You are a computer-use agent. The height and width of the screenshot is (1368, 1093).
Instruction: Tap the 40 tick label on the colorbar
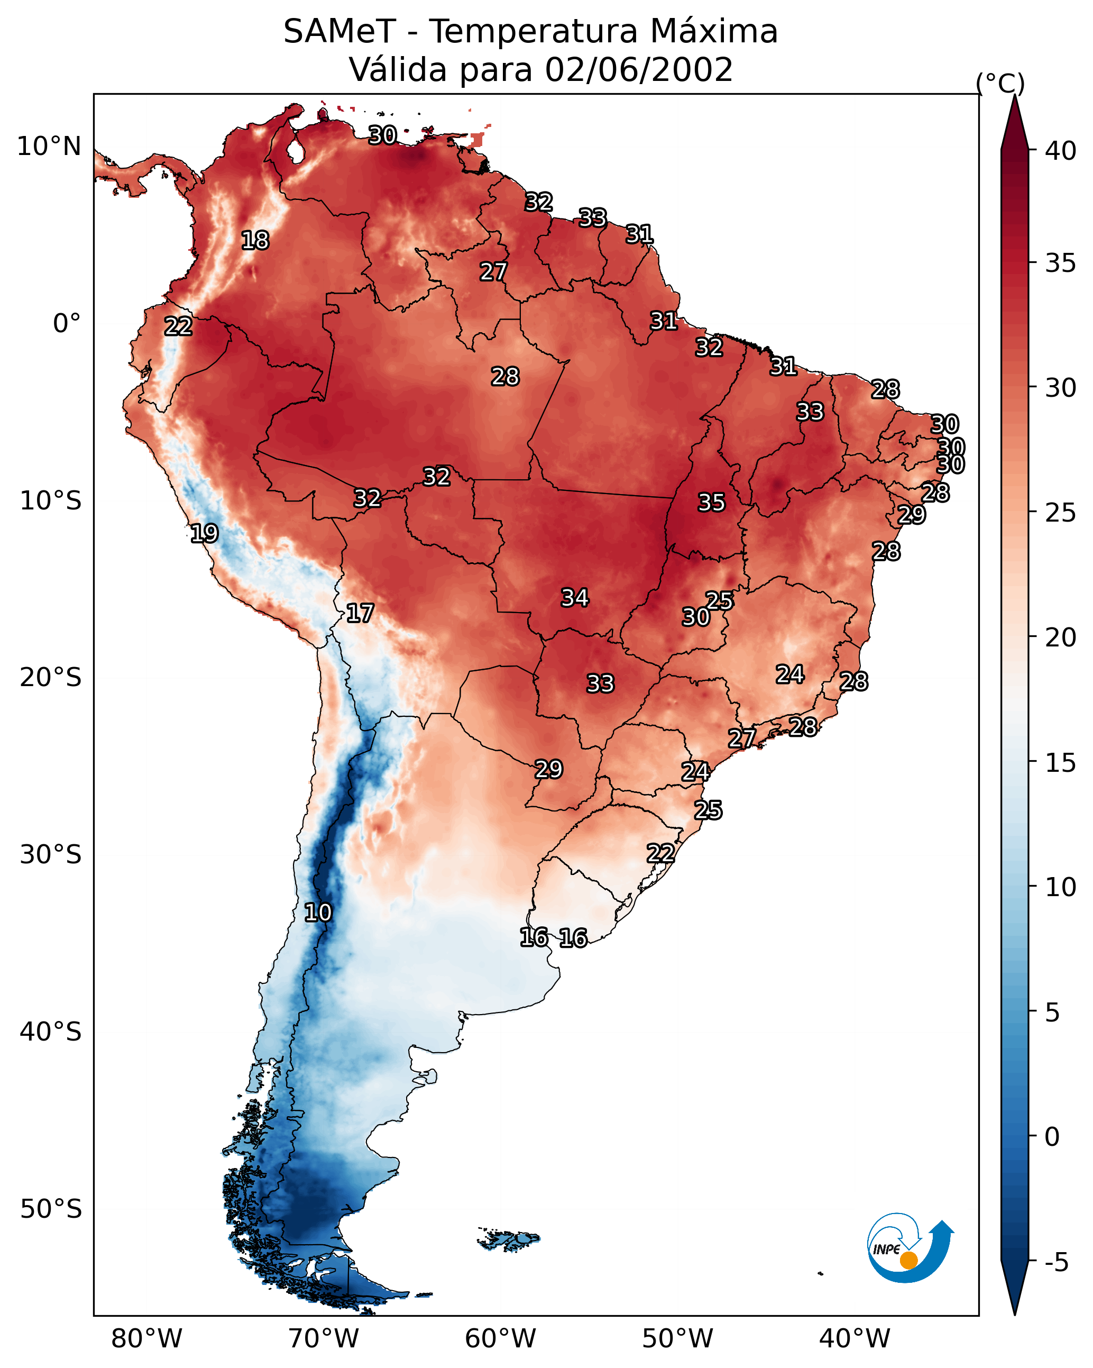pos(1061,151)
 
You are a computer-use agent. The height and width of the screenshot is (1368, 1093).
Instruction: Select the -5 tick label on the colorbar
pos(1056,1263)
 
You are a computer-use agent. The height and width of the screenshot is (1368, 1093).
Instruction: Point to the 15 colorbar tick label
pos(1061,763)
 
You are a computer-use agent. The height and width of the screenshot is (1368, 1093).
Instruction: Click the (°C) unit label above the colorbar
pos(1000,83)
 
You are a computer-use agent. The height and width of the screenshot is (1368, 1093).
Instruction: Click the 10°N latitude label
pos(49,147)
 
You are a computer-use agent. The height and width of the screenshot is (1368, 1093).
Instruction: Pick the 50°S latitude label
pos(51,1209)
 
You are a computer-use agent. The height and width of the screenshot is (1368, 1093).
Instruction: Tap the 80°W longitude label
pos(146,1338)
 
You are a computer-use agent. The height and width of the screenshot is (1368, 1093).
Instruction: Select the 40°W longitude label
pos(855,1338)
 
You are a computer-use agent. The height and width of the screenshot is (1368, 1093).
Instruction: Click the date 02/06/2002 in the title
pos(638,70)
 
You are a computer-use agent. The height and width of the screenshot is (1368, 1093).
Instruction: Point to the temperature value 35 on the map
pos(711,503)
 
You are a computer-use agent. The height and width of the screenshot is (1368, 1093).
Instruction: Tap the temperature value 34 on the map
pos(575,598)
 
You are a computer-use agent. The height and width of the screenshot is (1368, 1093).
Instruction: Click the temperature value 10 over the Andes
pos(318,913)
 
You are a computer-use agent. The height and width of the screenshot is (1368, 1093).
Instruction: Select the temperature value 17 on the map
pos(360,613)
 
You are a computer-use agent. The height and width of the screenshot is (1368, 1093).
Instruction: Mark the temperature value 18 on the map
pos(255,241)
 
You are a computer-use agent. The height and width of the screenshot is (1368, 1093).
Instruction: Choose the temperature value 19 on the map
pos(204,533)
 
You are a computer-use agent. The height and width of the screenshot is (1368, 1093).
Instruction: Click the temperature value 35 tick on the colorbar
pos(1061,263)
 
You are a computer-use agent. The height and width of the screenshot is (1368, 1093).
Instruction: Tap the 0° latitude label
pos(67,324)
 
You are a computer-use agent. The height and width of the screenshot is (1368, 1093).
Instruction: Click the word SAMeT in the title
pos(339,32)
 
